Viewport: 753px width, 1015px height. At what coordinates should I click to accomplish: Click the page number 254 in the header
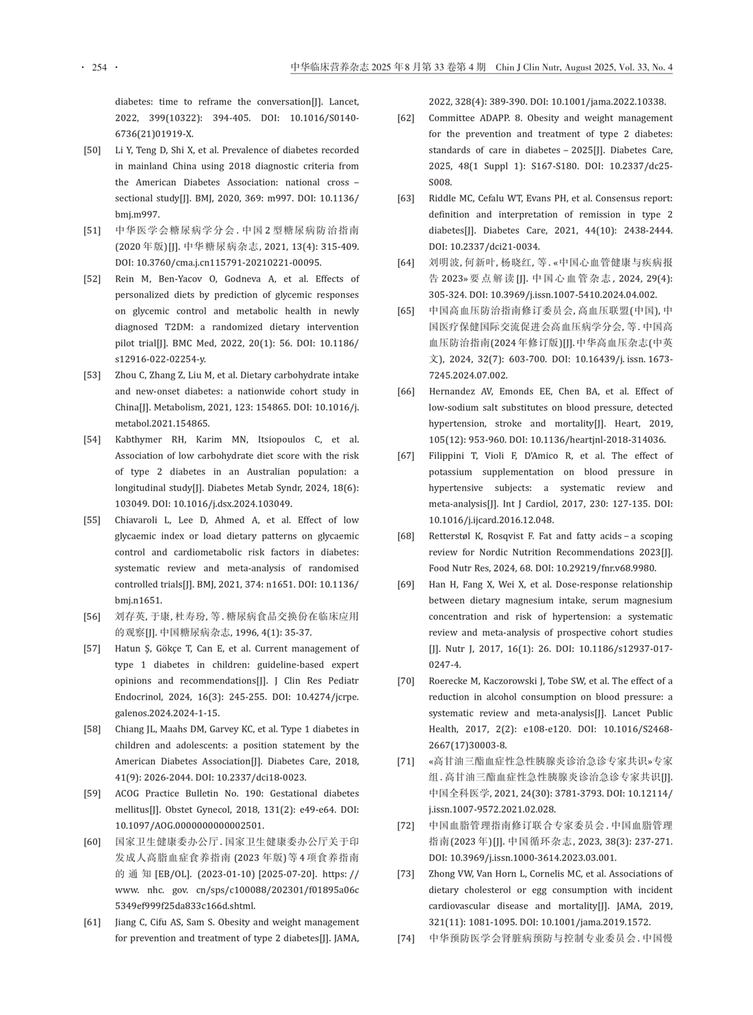point(99,67)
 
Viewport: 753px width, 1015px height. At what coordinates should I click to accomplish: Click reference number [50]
point(92,150)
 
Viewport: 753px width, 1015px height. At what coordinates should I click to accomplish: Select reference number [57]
point(92,649)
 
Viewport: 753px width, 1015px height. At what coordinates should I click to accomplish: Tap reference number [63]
point(406,199)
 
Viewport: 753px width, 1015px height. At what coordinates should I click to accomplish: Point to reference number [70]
point(406,681)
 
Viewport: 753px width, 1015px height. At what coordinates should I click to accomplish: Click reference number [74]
point(406,938)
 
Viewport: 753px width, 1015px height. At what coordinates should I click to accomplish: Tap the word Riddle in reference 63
point(443,199)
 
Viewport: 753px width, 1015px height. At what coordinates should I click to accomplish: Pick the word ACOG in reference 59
point(128,794)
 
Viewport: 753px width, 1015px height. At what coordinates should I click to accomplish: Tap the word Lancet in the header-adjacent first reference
point(344,102)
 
